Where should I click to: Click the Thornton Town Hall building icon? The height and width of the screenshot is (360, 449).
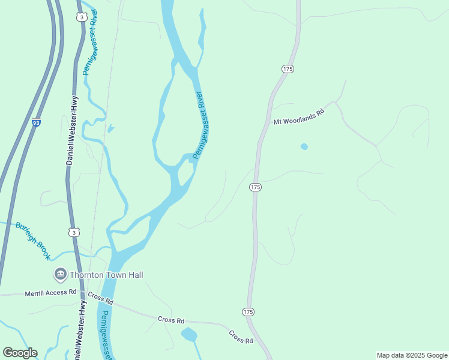(x=60, y=275)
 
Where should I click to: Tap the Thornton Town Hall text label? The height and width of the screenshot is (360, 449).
(x=106, y=275)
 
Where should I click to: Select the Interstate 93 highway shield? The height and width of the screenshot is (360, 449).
(x=37, y=122)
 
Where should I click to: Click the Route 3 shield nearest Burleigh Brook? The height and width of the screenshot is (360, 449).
(x=74, y=232)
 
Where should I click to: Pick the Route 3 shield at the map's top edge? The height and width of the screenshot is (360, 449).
(x=81, y=17)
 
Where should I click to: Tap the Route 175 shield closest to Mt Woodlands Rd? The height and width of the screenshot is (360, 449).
(x=287, y=70)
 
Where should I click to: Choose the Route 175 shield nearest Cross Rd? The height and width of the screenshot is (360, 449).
(x=248, y=312)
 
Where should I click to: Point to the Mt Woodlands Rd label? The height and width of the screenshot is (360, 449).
(x=298, y=116)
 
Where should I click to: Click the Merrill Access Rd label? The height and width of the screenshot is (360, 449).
(x=50, y=293)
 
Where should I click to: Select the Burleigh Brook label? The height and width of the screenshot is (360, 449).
(x=33, y=241)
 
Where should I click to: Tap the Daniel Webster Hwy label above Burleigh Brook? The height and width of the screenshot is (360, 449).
(x=71, y=130)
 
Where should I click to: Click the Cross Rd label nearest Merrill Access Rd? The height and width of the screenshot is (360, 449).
(x=100, y=297)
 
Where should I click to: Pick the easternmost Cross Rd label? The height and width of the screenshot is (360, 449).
(x=240, y=337)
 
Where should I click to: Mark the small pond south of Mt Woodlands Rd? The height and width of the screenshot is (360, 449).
(x=304, y=146)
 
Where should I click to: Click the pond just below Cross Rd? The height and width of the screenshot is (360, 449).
(x=189, y=334)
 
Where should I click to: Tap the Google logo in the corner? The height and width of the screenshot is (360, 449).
(x=20, y=353)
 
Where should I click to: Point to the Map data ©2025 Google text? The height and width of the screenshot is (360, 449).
(x=412, y=355)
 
